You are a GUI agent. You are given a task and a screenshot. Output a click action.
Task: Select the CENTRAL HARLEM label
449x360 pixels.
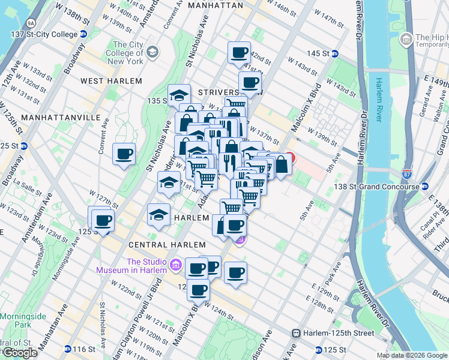pyautogui.click(x=167, y=245)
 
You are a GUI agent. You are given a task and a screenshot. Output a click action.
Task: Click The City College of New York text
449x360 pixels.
pyautogui.click(x=127, y=53)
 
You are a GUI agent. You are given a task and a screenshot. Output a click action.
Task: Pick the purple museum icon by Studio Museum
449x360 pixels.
pyautogui.click(x=176, y=265)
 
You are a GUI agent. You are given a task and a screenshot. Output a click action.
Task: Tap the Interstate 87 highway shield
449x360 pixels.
pyautogui.click(x=408, y=173)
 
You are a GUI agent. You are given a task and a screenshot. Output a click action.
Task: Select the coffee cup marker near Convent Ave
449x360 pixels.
pyautogui.click(x=124, y=155)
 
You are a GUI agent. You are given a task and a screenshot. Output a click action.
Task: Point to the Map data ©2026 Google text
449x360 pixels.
pyautogui.click(x=412, y=355)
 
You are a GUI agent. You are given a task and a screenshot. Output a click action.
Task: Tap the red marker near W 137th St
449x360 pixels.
pyautogui.click(x=289, y=159)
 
